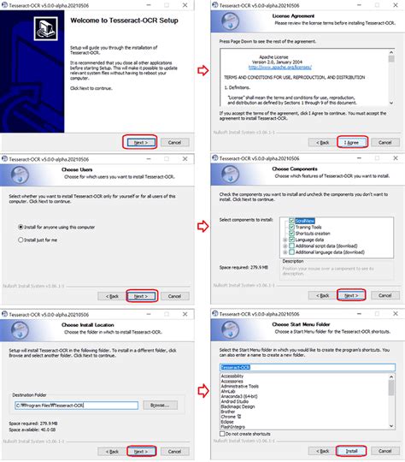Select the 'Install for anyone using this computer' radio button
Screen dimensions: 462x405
(x=21, y=226)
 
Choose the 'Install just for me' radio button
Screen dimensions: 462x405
(x=21, y=241)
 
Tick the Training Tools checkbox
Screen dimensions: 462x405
(x=291, y=227)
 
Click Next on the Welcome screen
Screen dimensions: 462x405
(x=139, y=142)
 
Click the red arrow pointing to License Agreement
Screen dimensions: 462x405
(x=202, y=71)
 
